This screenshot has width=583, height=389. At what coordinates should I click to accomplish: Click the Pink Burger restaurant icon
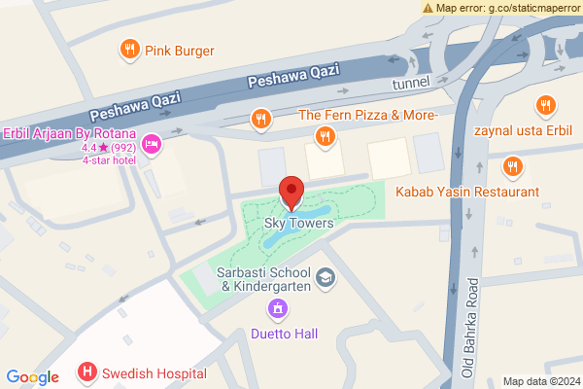point(128,50)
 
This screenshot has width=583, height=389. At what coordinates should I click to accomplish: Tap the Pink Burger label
point(180,50)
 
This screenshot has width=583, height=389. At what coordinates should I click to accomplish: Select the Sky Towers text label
point(299,224)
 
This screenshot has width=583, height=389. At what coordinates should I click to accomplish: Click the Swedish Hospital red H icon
point(87,371)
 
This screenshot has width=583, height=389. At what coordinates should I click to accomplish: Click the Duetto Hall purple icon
point(278,310)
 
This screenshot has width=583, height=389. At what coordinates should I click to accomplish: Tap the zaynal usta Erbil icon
point(546,104)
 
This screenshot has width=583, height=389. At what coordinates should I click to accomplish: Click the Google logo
point(32,377)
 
